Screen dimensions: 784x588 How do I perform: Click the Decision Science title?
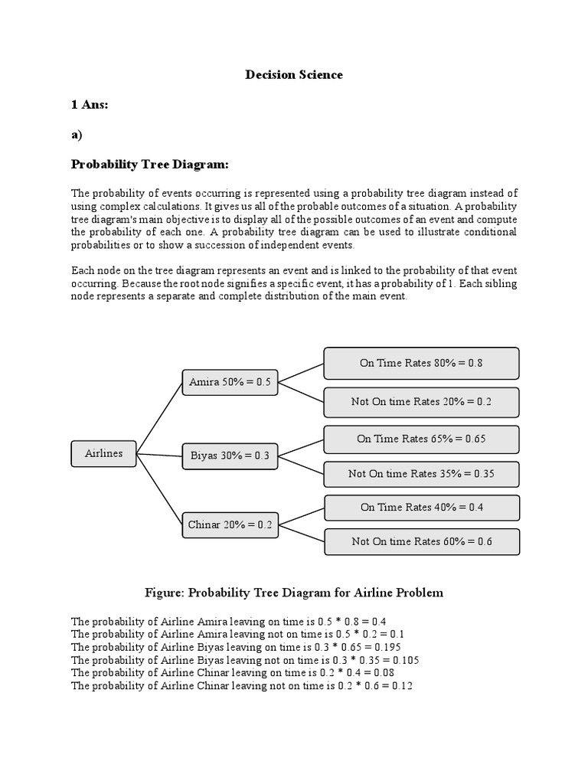click(x=294, y=74)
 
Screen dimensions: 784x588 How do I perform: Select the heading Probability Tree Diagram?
click(x=150, y=165)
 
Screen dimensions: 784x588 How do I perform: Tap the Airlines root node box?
click(x=103, y=453)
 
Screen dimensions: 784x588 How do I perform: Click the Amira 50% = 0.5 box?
click(x=230, y=381)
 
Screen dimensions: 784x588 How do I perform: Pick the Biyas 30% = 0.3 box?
click(x=230, y=456)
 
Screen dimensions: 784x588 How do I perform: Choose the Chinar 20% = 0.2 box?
click(x=230, y=525)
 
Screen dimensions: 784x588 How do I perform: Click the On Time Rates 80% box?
click(x=421, y=363)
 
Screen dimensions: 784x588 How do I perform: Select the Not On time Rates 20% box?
click(x=421, y=402)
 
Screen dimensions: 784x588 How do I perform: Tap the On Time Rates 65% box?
click(x=421, y=439)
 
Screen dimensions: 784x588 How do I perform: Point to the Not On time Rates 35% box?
click(x=421, y=474)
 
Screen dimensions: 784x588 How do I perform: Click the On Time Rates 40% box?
click(x=421, y=507)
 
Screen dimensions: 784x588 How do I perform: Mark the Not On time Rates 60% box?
click(x=421, y=541)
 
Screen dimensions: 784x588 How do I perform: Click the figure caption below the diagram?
click(x=294, y=593)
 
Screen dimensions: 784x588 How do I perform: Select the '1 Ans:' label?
click(x=90, y=104)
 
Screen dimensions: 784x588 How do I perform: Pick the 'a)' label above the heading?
click(x=77, y=134)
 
